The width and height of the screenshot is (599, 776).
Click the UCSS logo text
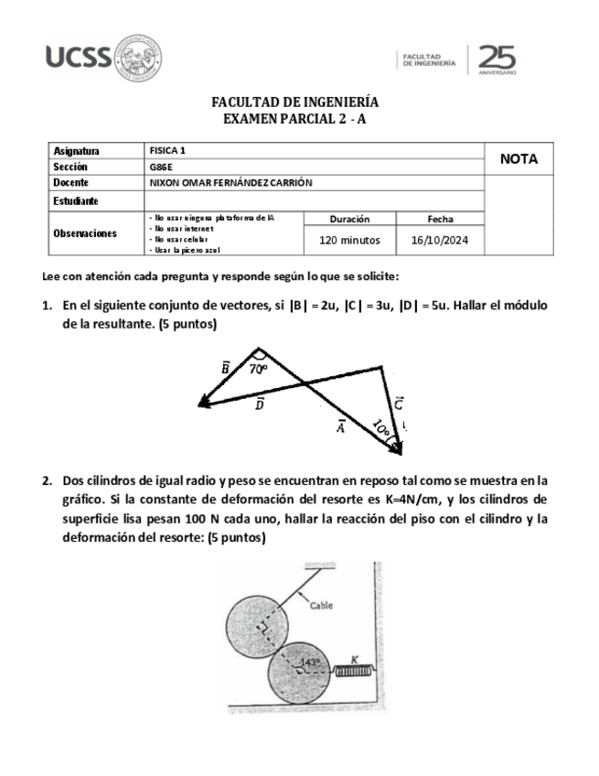point(78,58)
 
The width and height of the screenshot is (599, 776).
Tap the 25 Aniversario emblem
point(496,59)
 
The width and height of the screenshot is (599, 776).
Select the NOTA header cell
point(519,159)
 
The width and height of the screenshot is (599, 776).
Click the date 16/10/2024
point(440,241)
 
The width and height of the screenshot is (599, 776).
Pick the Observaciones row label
point(85,233)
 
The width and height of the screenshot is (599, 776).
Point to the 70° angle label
point(258,370)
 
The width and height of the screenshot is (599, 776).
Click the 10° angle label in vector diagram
point(381,427)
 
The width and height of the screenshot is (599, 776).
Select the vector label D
point(260,404)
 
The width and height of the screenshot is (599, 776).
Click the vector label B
point(226,367)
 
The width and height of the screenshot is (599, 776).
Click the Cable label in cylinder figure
point(321,605)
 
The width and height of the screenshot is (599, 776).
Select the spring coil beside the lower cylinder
point(350,672)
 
